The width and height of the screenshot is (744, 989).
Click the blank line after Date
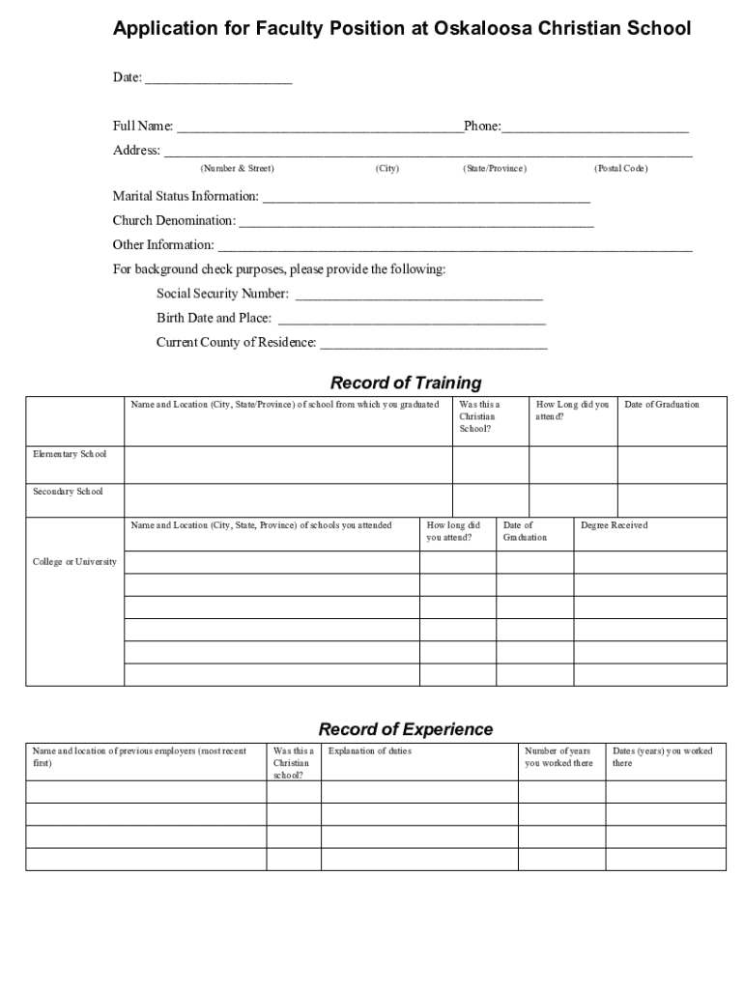[217, 78]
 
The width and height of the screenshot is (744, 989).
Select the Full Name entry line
[319, 127]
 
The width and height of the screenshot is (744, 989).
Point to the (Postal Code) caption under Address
[620, 169]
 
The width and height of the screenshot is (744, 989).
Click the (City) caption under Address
[386, 169]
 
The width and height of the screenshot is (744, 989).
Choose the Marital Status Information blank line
[425, 198]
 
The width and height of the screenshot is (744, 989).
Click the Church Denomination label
[174, 221]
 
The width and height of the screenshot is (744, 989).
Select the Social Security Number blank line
[417, 295]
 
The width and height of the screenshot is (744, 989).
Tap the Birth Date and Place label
[214, 318]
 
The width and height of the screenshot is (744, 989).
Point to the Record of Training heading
[405, 383]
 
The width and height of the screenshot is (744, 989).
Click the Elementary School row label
[70, 454]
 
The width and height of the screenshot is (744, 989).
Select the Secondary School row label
[68, 492]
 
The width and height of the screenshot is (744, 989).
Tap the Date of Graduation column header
[661, 405]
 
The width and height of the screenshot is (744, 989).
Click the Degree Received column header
[614, 525]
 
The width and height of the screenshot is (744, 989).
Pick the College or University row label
[74, 562]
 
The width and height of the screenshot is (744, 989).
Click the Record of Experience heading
[405, 729]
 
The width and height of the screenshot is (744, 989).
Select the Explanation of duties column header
[369, 751]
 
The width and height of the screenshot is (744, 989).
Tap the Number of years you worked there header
[558, 757]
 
